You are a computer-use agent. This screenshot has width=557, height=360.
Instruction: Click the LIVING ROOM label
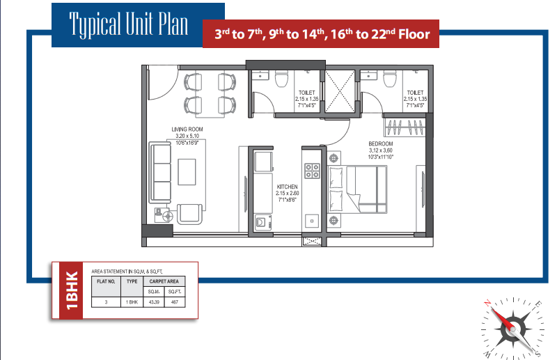tap(187, 130)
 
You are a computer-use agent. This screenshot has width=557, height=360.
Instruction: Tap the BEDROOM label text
tap(380, 143)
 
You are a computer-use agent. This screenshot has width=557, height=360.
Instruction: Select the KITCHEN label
tap(287, 187)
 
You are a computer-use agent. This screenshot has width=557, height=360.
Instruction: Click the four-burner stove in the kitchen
tap(312, 171)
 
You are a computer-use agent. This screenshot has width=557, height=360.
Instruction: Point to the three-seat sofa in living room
tap(160, 173)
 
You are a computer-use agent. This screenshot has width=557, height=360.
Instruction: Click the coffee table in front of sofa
tap(187, 172)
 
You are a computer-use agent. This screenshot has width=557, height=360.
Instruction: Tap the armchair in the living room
tap(189, 214)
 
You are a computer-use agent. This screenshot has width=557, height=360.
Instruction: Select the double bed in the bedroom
tap(357, 189)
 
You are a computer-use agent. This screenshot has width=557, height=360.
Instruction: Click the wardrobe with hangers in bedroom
tap(405, 127)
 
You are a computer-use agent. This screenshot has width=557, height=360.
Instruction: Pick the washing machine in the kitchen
tap(263, 222)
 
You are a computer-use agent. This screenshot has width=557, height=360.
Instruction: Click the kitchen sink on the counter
tap(312, 221)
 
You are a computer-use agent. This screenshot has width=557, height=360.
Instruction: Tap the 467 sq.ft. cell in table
tap(175, 302)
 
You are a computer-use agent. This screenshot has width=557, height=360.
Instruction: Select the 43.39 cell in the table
tap(154, 302)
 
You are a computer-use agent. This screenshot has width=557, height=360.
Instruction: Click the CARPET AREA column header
tap(164, 281)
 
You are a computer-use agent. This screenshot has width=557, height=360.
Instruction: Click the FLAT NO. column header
tap(106, 281)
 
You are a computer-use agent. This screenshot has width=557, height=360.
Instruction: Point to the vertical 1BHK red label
tap(72, 290)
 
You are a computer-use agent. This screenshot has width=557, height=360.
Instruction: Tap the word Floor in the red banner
tap(414, 35)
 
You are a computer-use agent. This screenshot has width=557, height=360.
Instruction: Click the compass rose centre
tap(512, 328)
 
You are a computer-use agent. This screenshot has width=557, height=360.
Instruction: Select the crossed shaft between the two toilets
tap(340, 92)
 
